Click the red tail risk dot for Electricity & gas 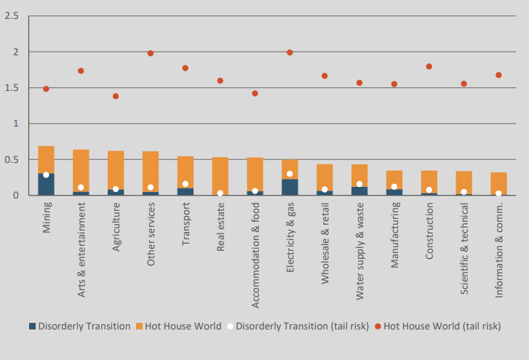point(290,52)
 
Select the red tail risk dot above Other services point(151,53)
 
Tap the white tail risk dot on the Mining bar point(46,175)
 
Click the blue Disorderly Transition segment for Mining point(46,185)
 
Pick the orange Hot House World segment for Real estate point(220,175)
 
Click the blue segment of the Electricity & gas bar point(290,187)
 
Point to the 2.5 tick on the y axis point(11,16)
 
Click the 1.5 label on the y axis point(11,88)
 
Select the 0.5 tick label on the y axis point(11,159)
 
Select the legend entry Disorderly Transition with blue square point(79,326)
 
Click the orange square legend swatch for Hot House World point(140,326)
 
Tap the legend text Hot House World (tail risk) point(441,326)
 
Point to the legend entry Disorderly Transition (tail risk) point(299,326)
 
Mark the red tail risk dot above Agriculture point(116,96)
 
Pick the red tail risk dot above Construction point(429,66)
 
